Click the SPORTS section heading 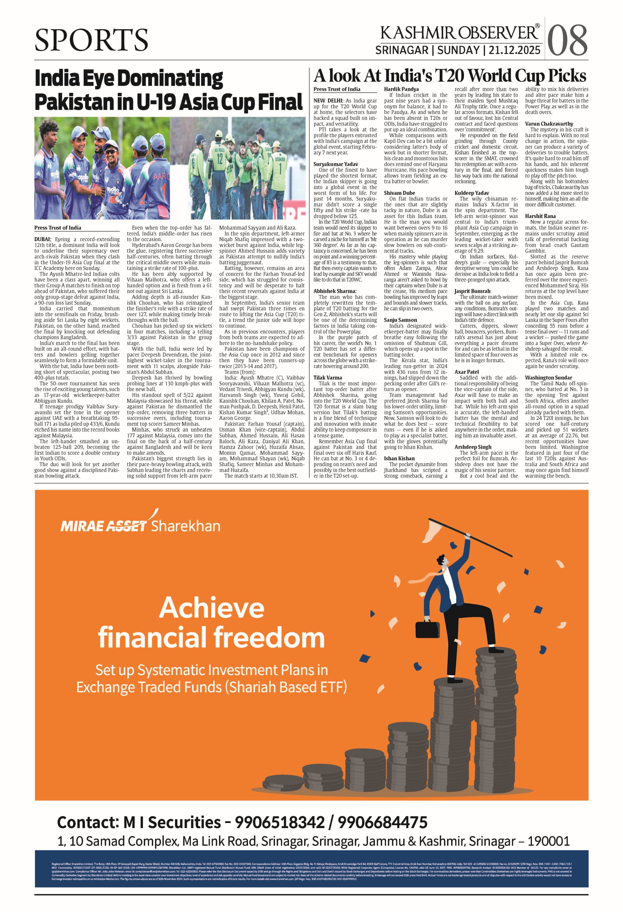point(91,40)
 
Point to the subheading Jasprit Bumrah point(472,291)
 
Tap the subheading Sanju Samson point(401,320)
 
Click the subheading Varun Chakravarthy point(549,124)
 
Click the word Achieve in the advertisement point(212,608)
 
